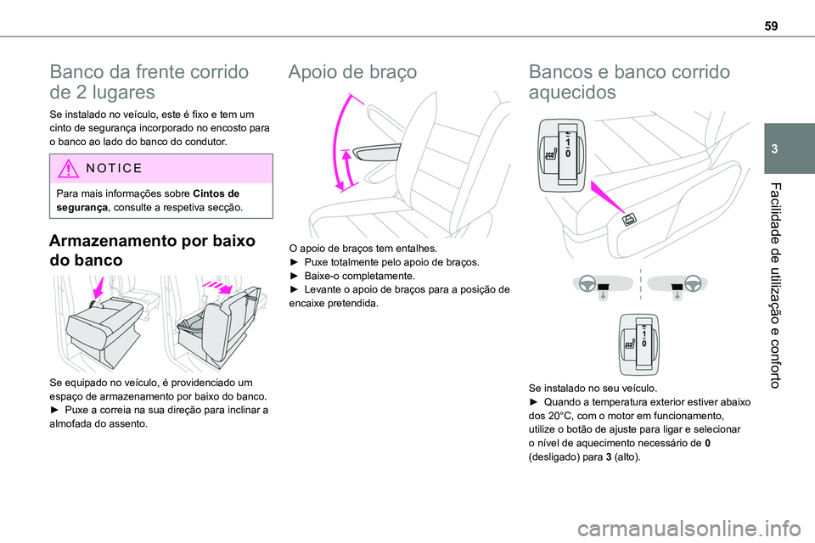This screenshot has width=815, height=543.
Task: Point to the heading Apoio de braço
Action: (x=352, y=73)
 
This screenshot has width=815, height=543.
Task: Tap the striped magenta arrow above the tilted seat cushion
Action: (x=225, y=288)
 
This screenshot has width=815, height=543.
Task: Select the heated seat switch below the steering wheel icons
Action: (x=638, y=341)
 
